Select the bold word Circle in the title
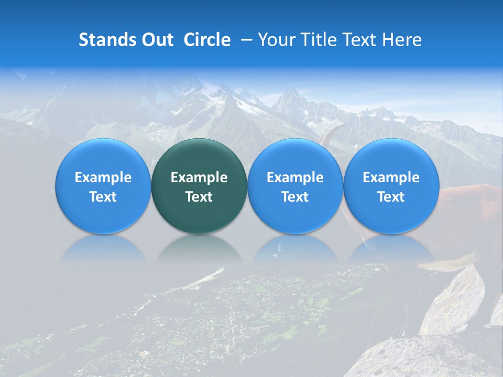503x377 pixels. pyautogui.click(x=207, y=40)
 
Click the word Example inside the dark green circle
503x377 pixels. pyautogui.click(x=199, y=178)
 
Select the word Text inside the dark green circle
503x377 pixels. pyautogui.click(x=199, y=197)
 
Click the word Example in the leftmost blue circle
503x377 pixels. pyautogui.click(x=103, y=178)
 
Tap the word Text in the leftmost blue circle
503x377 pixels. pyautogui.click(x=103, y=197)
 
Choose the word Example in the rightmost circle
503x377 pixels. pyautogui.click(x=391, y=178)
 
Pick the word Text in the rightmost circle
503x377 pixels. pyautogui.click(x=391, y=197)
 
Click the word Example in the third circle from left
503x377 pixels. pyautogui.click(x=295, y=178)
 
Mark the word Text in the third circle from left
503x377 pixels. pyautogui.click(x=295, y=197)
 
